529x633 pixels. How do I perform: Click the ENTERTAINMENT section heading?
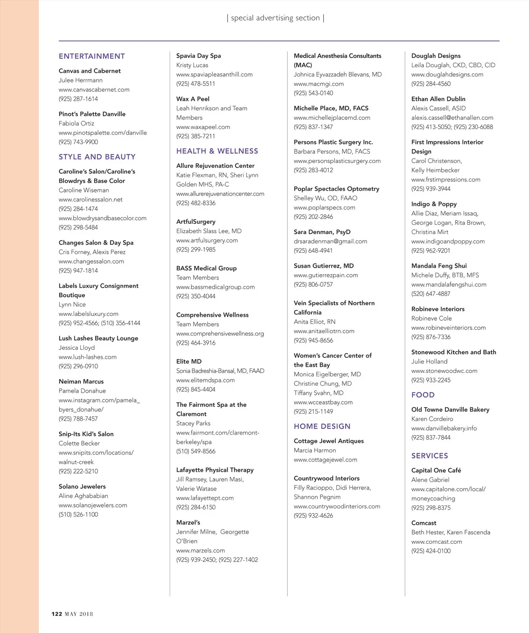click(92, 56)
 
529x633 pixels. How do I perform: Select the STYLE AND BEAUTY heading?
click(97, 157)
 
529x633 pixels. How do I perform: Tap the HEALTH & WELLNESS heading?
click(217, 151)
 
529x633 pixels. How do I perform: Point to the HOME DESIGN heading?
click(322, 426)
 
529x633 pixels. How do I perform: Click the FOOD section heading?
click(423, 395)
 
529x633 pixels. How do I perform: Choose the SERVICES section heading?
click(429, 456)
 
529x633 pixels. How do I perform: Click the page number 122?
click(57, 614)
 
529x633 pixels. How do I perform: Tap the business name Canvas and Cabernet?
click(90, 71)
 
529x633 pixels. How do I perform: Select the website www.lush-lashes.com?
click(88, 357)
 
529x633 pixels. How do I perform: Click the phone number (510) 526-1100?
click(79, 514)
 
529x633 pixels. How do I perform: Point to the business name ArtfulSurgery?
click(196, 222)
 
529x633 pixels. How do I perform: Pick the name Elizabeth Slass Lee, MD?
click(209, 231)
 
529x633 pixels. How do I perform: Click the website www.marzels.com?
click(200, 550)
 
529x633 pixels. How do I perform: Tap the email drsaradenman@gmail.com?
click(330, 241)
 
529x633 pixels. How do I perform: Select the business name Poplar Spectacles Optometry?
click(336, 189)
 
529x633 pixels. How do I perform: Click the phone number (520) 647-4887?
click(431, 294)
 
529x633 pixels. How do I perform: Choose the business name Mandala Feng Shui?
click(439, 266)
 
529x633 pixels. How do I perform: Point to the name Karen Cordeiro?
click(432, 419)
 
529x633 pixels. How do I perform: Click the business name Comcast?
click(424, 523)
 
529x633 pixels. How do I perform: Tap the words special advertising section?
click(275, 18)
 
